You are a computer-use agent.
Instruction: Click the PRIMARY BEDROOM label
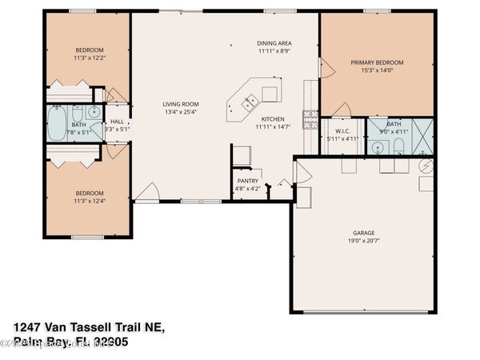[377, 62]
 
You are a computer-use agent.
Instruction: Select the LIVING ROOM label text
[181, 104]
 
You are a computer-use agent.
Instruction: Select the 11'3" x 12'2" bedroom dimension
[89, 57]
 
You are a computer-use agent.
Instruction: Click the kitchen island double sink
[250, 102]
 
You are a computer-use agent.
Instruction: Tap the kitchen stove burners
[310, 120]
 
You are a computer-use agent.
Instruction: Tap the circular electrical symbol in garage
[426, 166]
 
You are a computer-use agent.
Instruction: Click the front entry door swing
[145, 191]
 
